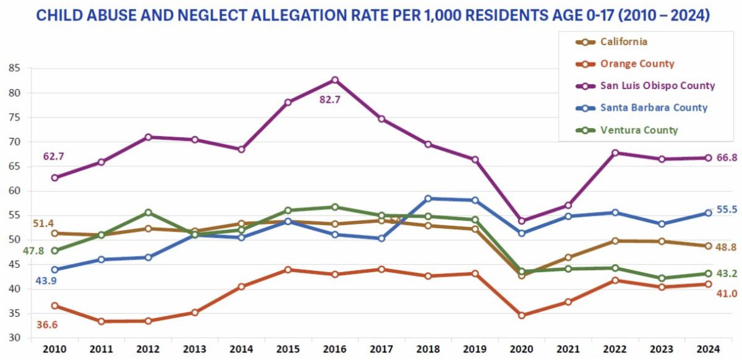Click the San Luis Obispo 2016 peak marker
335,80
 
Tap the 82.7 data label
330,98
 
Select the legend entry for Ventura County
639,130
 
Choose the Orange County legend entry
637,64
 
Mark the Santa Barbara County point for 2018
428,199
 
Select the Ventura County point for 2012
148,213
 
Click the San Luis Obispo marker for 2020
521,221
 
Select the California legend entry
624,41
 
